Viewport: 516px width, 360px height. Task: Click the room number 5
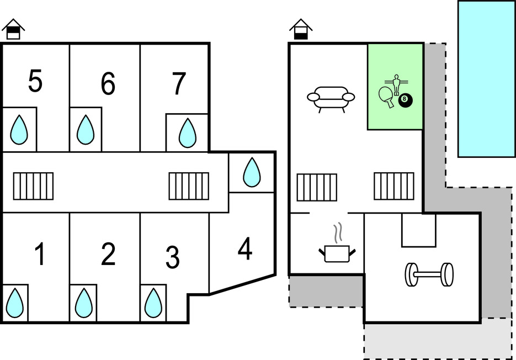click(x=35, y=82)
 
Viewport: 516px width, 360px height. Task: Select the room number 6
click(x=108, y=84)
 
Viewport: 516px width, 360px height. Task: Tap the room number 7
click(x=178, y=84)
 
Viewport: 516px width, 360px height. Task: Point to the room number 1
click(x=39, y=255)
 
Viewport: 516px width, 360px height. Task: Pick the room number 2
click(x=109, y=254)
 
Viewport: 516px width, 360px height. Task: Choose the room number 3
click(x=172, y=257)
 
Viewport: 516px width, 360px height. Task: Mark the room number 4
click(x=245, y=249)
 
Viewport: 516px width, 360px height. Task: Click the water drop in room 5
click(x=19, y=130)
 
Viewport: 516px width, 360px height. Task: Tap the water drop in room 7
click(x=187, y=133)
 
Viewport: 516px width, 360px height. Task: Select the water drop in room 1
click(x=15, y=303)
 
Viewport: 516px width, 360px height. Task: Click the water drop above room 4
click(x=252, y=172)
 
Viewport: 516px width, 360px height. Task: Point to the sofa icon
click(x=331, y=98)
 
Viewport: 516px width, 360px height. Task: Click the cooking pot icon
click(x=336, y=252)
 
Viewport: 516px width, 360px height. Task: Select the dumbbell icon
click(x=429, y=274)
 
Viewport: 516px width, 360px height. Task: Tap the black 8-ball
click(x=406, y=100)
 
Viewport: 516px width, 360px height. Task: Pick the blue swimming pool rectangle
click(x=486, y=78)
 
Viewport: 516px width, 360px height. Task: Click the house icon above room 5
click(x=13, y=29)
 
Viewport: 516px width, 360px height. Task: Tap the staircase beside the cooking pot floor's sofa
click(x=317, y=187)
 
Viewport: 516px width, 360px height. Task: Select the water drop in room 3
click(x=153, y=303)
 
